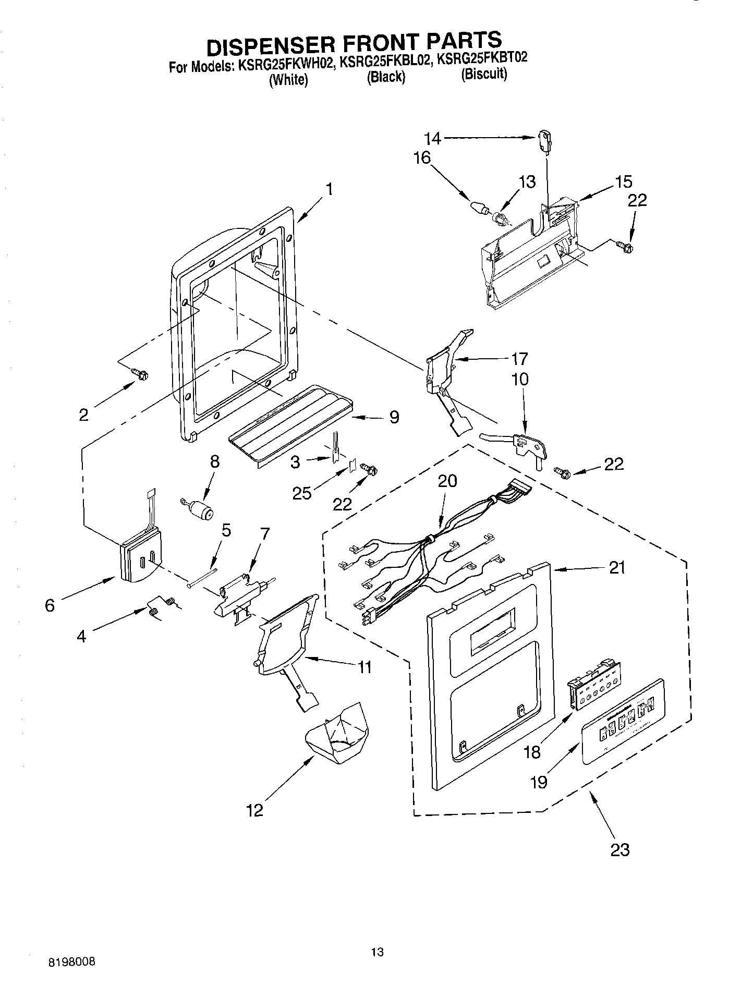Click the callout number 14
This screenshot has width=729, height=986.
pyautogui.click(x=432, y=139)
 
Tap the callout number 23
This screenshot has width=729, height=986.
pyautogui.click(x=619, y=849)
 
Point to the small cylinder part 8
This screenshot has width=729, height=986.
pyautogui.click(x=201, y=510)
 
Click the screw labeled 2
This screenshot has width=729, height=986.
pyautogui.click(x=140, y=373)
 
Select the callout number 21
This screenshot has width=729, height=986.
pyautogui.click(x=617, y=567)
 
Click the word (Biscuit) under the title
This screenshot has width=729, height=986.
pyautogui.click(x=483, y=74)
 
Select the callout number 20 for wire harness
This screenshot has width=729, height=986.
pyautogui.click(x=447, y=481)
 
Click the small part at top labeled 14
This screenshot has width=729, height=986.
pyautogui.click(x=544, y=142)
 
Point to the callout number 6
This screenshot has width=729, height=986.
pyautogui.click(x=50, y=605)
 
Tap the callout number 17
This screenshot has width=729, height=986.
pyautogui.click(x=519, y=359)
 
